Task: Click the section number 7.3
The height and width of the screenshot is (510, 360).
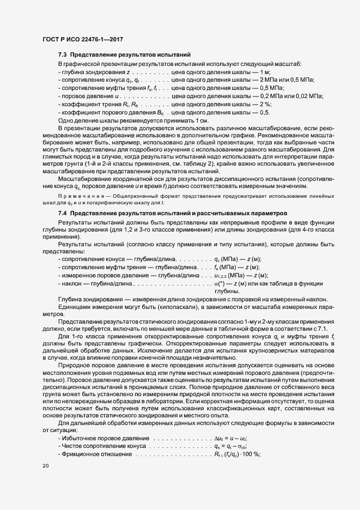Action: [63, 54]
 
